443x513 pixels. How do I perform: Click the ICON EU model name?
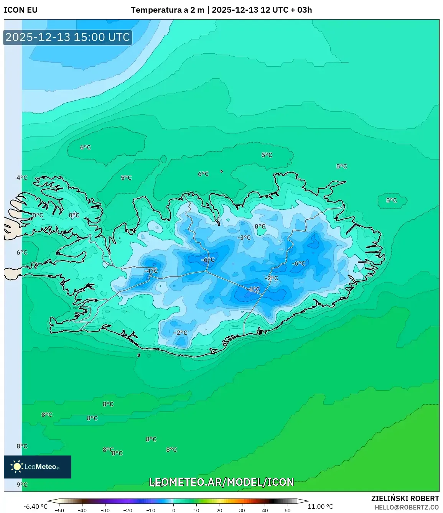click(x=21, y=10)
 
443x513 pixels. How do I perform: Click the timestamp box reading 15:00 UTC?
click(x=68, y=37)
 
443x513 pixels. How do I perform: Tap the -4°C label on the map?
click(x=151, y=271)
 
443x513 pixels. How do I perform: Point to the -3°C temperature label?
click(x=244, y=238)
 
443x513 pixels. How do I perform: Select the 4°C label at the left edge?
click(x=22, y=178)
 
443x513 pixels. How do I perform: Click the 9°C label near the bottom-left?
click(x=22, y=485)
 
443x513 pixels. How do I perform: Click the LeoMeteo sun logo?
click(x=17, y=467)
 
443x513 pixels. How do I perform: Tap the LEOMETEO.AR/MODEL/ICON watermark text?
click(x=221, y=482)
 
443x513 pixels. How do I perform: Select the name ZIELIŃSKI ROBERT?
click(x=405, y=498)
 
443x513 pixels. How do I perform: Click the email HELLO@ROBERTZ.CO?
click(x=407, y=507)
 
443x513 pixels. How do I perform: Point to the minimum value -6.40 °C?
click(x=36, y=506)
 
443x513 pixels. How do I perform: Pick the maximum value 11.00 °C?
click(x=320, y=506)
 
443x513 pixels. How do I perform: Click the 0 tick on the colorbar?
click(x=174, y=510)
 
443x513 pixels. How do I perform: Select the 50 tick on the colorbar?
click(x=288, y=510)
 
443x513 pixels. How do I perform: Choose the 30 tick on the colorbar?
click(x=242, y=510)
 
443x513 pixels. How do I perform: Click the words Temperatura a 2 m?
click(x=168, y=10)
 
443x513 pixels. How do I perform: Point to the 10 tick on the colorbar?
click(x=196, y=510)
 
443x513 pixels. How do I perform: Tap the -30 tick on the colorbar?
click(x=105, y=510)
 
